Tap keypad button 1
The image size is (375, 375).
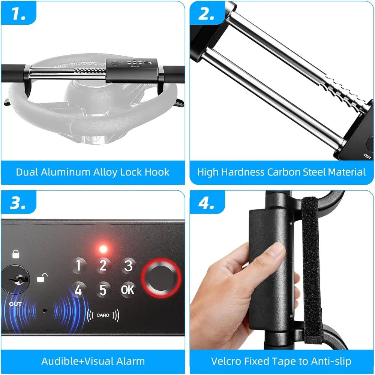78,266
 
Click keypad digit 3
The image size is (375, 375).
128,266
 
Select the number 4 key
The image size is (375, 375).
78,290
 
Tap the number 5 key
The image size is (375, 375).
103,290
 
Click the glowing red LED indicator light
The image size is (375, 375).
103,249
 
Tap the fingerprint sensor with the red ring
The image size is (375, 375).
161,278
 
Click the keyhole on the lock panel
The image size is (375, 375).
16,279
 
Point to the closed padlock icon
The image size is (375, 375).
16,254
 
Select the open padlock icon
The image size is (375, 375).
42,278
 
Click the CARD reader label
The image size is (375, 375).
103,315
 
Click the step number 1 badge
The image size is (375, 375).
19,13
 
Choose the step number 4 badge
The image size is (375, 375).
207,203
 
